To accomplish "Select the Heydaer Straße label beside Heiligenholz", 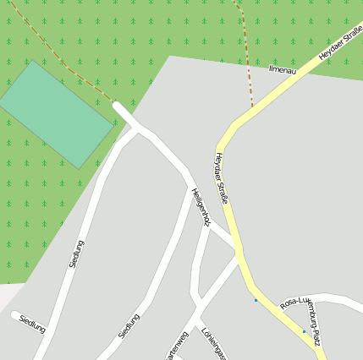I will pos(222,178).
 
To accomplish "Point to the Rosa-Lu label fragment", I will pos(296,302).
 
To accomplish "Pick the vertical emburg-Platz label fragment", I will pos(314,326).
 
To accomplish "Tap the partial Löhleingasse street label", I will pos(212,343).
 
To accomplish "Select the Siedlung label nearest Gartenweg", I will pos(129,326).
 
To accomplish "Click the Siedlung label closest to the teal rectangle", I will pos(76,254).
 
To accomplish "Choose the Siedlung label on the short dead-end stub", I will pos(32,322).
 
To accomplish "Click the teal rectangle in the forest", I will pos(56,114).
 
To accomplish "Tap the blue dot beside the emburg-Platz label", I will pos(304,331).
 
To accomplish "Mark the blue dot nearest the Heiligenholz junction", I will pos(256,300).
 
